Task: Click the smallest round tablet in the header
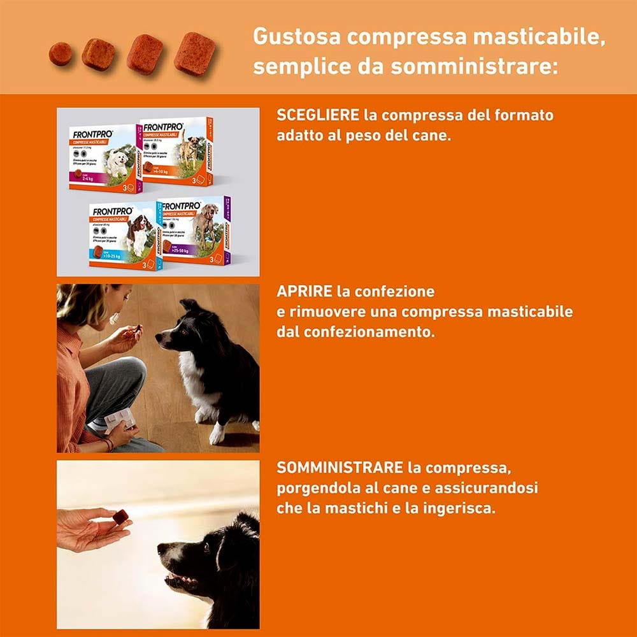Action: click(60, 54)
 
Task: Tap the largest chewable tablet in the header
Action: click(194, 54)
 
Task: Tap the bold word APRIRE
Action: click(304, 292)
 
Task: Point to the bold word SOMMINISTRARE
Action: click(340, 468)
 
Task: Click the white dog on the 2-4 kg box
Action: click(117, 163)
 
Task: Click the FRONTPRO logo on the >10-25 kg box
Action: click(113, 211)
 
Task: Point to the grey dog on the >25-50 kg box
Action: click(205, 223)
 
